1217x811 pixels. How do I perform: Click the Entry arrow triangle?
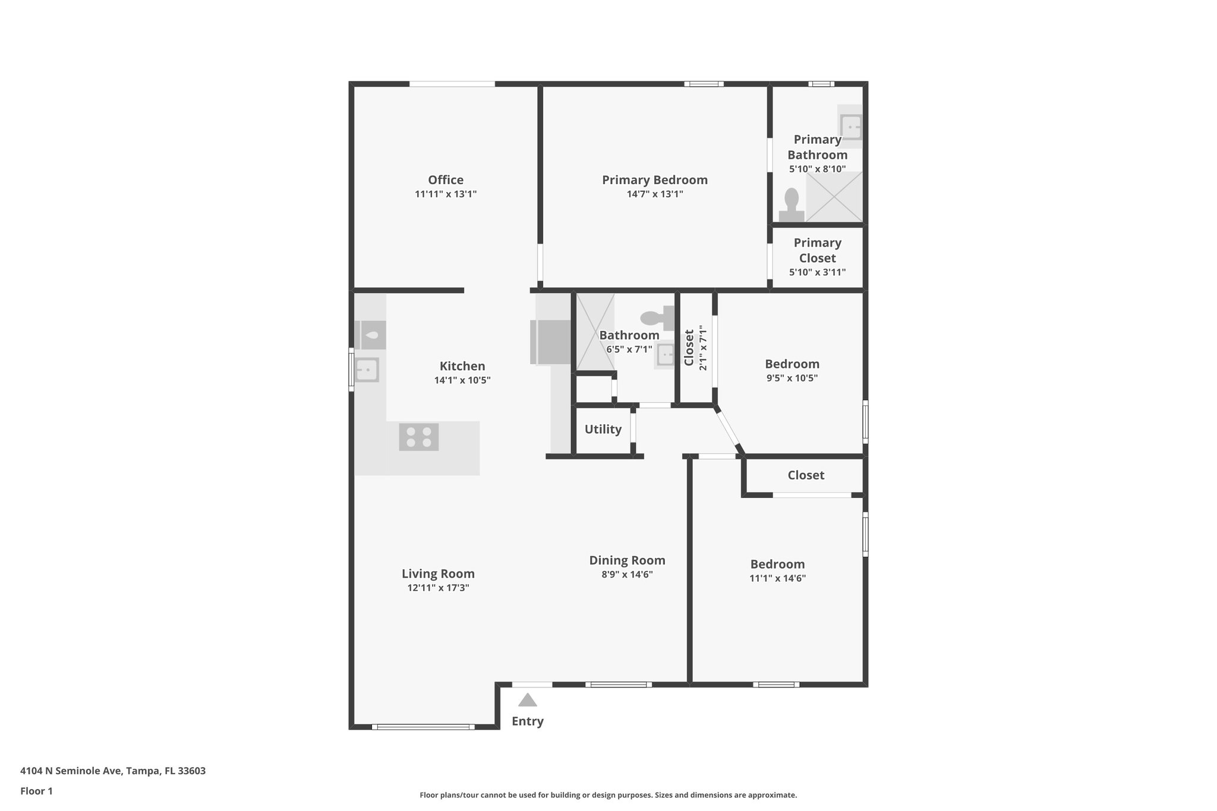pos(527,700)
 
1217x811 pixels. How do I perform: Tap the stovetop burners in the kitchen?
pos(418,437)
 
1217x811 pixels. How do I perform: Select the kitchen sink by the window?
pos(367,370)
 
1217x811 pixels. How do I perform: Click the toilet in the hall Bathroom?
pos(657,318)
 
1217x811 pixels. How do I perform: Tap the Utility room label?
pos(603,429)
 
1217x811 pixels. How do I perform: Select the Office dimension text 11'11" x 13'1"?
pos(446,194)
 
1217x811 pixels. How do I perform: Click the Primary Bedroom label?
pos(654,179)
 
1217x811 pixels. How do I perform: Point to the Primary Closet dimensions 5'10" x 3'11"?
pos(817,273)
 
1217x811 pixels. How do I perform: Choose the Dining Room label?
pos(627,560)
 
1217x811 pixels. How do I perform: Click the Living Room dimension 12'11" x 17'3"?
pos(438,588)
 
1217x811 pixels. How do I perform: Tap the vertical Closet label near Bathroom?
pos(689,348)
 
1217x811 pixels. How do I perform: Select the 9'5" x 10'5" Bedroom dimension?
pos(792,378)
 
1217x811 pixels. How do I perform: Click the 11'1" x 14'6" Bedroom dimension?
pos(777,578)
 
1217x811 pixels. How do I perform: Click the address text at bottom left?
pos(113,771)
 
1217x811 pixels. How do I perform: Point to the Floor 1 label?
pos(36,791)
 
